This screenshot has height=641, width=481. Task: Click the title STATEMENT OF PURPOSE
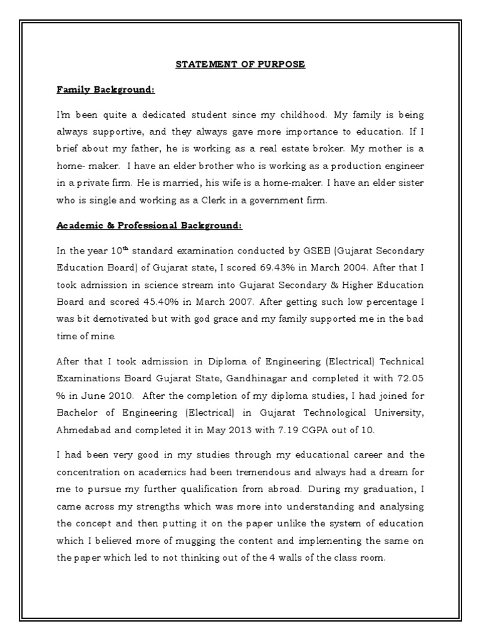(x=240, y=64)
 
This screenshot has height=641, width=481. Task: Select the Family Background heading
(x=105, y=90)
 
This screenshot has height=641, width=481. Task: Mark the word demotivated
(x=122, y=318)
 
